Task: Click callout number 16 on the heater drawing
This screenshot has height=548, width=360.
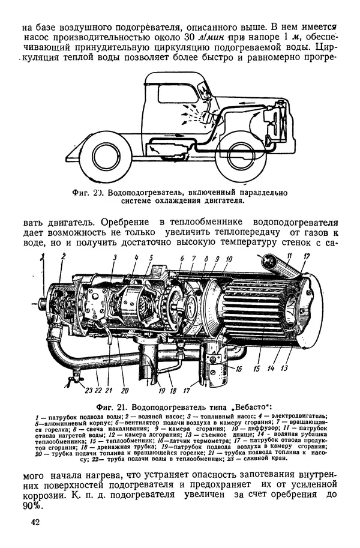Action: click(239, 369)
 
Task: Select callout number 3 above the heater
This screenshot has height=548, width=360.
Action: click(114, 258)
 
